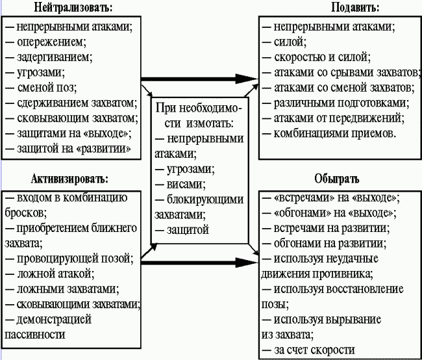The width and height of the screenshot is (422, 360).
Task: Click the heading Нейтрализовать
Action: [x=71, y=8]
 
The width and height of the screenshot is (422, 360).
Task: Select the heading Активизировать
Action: [x=69, y=178]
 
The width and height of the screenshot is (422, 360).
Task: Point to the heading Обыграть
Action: [x=337, y=178]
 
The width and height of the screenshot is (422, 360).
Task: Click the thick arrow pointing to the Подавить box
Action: [x=201, y=78]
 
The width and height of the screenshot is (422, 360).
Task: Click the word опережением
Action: [x=51, y=42]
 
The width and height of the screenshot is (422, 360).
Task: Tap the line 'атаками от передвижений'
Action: [x=338, y=118]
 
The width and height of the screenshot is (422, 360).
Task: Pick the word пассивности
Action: [x=35, y=334]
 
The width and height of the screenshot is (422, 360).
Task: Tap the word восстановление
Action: [x=366, y=289]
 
